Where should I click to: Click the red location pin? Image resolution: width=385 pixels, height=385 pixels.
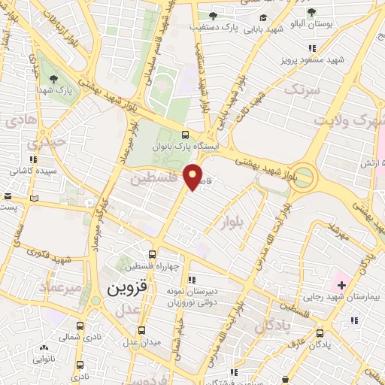[195, 176]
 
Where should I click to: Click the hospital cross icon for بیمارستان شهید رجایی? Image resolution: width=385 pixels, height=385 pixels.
[341, 285]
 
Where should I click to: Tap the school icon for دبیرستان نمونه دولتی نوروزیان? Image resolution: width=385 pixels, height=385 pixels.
[191, 280]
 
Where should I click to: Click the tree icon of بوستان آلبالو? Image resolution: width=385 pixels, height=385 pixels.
[311, 13]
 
